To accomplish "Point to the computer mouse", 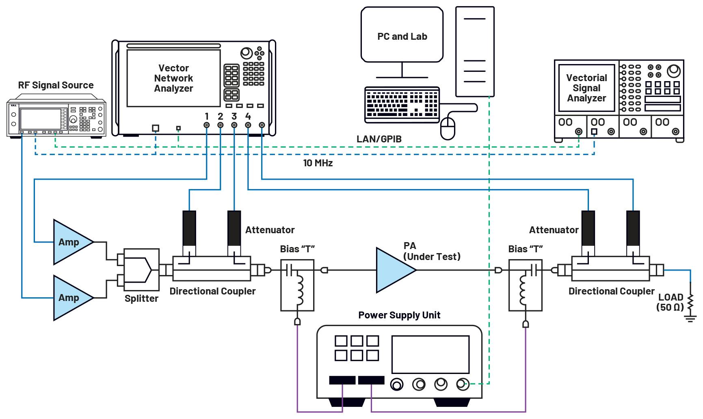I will click(448, 128).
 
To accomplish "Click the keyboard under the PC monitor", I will click(402, 104).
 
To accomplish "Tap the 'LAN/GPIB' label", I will click(379, 139).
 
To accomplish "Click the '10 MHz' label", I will click(318, 163).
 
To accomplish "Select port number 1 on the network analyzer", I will click(207, 117).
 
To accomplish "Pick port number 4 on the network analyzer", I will click(248, 117).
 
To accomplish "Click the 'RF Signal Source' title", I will click(56, 85).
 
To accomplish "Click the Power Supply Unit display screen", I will click(430, 355).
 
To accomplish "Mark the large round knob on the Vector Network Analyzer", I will click(246, 53).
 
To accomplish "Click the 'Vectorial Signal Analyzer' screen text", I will click(586, 88).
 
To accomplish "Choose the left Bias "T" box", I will click(297, 286).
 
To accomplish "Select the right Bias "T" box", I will click(526, 286).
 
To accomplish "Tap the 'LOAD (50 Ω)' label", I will click(670, 302).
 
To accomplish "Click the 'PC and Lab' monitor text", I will click(402, 37).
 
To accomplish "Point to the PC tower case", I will click(475, 52).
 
